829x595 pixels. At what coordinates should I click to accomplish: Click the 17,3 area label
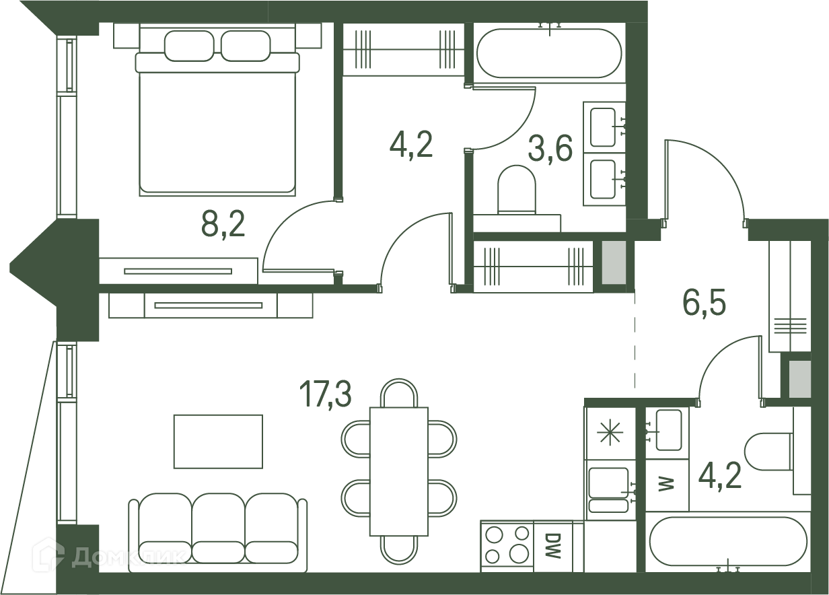click(x=325, y=394)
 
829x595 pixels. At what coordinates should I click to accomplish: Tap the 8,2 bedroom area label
click(x=223, y=225)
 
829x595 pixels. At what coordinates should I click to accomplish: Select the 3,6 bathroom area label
click(x=550, y=149)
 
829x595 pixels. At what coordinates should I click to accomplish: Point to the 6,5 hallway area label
click(x=704, y=302)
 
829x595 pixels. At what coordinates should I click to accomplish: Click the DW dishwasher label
click(x=553, y=545)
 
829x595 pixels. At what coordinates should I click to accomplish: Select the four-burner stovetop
click(x=507, y=546)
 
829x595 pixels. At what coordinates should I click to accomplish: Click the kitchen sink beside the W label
click(x=609, y=489)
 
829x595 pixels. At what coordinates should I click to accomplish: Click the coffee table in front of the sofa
click(x=218, y=442)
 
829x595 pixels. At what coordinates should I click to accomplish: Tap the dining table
click(x=399, y=472)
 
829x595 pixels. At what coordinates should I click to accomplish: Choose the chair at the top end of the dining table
click(x=399, y=392)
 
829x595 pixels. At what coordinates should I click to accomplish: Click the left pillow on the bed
click(x=189, y=46)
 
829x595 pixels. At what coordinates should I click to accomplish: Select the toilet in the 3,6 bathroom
click(x=517, y=190)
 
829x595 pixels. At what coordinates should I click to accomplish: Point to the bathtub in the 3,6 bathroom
click(x=549, y=54)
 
